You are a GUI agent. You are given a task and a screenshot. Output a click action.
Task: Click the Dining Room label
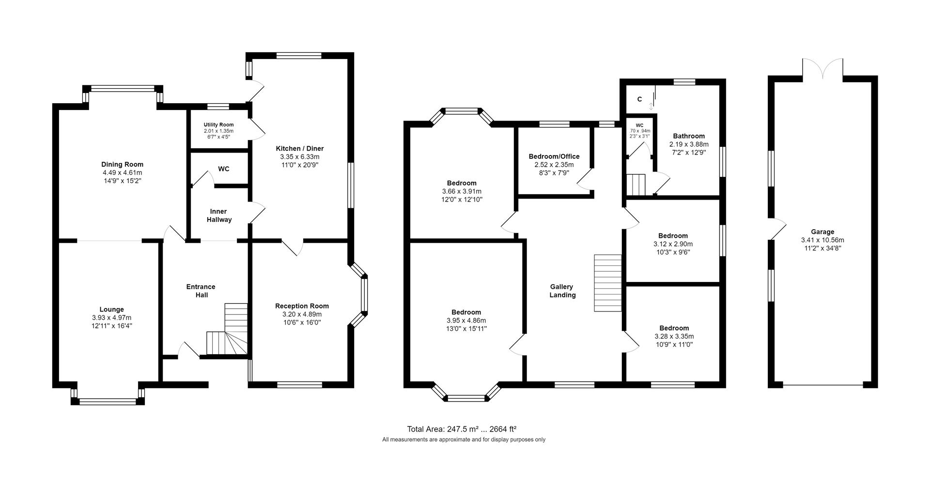coord(122,164)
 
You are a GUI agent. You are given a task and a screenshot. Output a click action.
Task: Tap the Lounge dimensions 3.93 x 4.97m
coord(111,318)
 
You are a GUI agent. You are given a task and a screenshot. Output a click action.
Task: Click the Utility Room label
coord(218,124)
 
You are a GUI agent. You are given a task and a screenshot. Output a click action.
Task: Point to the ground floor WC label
coord(223,169)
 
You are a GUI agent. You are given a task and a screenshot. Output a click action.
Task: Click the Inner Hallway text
coord(219,216)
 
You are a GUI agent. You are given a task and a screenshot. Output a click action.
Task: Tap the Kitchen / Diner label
coord(299,148)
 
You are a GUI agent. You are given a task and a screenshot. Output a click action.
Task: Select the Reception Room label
coord(302,306)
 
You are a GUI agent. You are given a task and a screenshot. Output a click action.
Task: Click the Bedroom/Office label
coord(554,156)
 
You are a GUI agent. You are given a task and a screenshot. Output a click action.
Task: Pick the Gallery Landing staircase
coord(607,283)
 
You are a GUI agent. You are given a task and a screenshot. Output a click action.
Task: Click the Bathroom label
coord(688,136)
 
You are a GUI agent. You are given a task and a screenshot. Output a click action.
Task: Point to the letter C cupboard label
coord(639,99)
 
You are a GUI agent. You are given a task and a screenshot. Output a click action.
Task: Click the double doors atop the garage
coord(822,68)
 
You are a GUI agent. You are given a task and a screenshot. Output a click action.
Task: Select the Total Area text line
coord(461,429)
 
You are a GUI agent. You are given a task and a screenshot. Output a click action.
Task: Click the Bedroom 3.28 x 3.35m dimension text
coord(674,336)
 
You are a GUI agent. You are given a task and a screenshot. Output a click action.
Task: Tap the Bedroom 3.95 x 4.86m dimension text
coord(466,320)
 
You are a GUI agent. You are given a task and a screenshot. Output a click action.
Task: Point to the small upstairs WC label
coord(639,125)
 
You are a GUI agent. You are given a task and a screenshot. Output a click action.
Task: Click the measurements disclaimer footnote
coord(464,440)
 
